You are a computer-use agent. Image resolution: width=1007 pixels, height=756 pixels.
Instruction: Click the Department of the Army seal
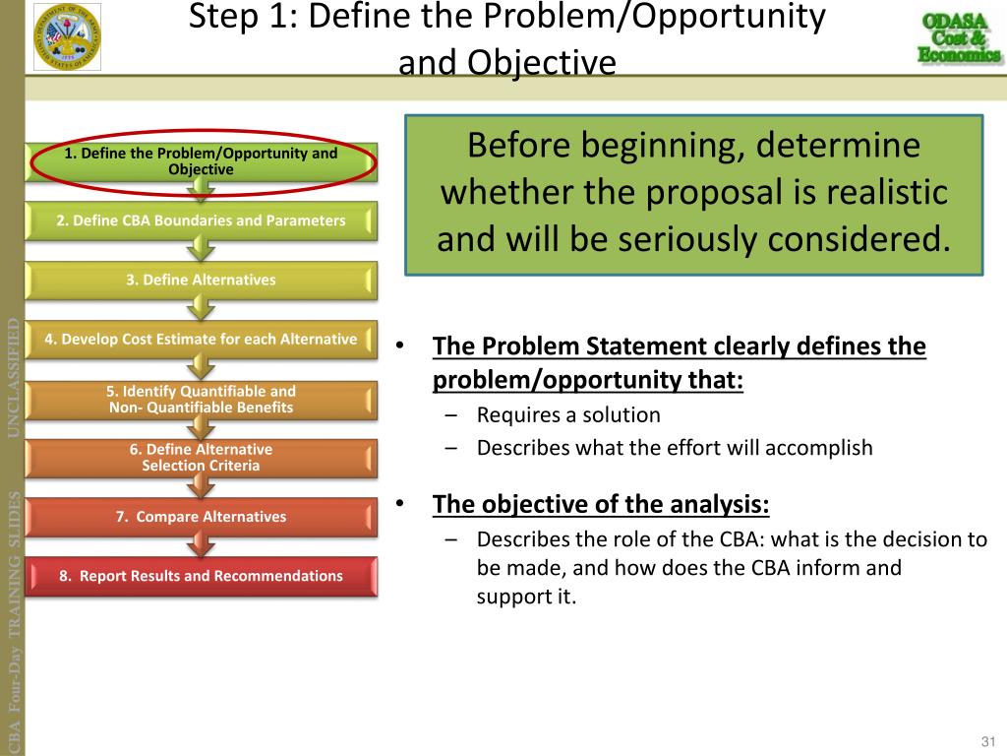pos(67,36)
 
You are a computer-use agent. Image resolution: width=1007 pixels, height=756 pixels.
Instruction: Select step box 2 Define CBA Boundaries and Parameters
pos(201,220)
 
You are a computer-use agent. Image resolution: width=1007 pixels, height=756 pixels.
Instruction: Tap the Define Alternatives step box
pos(201,281)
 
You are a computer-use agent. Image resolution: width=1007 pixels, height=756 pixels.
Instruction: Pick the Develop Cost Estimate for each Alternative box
pos(201,340)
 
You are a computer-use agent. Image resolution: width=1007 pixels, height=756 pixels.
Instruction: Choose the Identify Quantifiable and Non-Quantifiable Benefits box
pos(201,399)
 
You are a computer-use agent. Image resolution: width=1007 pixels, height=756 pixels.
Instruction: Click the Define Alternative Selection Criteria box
pos(201,458)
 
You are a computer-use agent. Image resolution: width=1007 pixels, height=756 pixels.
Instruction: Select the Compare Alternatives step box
pos(201,517)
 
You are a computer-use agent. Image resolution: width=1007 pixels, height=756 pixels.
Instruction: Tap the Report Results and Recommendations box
pos(201,576)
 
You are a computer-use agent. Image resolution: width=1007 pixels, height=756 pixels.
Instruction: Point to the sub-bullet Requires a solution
pos(568,415)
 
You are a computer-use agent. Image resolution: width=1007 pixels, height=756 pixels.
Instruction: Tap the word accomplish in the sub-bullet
pos(825,448)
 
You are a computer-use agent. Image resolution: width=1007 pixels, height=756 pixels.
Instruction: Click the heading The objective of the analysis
pos(601,505)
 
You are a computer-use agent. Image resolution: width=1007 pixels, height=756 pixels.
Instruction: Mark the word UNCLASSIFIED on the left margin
pos(14,377)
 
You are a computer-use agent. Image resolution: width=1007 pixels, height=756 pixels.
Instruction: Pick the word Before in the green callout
pos(518,147)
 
